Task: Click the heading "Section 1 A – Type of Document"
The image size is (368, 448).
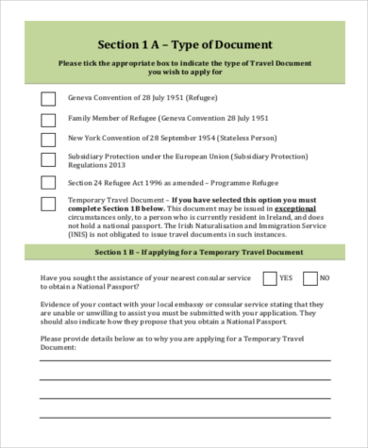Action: [185, 44]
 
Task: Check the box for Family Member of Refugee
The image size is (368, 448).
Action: [48, 120]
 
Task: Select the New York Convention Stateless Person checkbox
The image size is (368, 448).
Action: [48, 141]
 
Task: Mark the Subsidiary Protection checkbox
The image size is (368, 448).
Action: [48, 161]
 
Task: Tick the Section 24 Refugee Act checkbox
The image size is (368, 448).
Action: [48, 182]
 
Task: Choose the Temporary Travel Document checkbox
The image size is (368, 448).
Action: [48, 203]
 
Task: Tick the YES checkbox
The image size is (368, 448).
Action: [270, 278]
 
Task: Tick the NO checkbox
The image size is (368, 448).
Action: [310, 278]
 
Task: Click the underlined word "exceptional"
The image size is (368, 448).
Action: [297, 209]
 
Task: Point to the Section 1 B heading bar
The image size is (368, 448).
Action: [185, 253]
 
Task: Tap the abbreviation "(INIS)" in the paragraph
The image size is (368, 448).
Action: [79, 235]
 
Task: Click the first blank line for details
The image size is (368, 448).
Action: [185, 360]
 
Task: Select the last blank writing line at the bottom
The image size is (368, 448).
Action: [185, 418]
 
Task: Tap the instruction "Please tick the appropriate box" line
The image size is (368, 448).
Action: [185, 63]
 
